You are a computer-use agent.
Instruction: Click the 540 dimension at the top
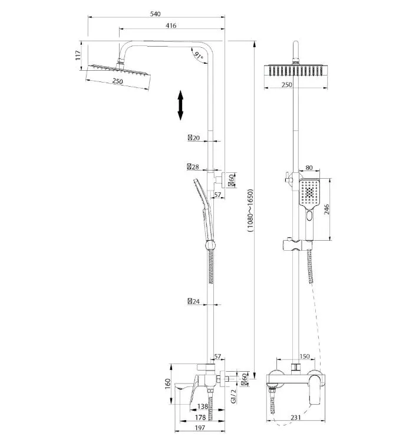pos(155,14)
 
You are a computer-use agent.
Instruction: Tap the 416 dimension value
pos(171,25)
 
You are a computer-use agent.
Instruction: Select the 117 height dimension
pos(78,55)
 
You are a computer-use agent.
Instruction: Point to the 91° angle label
pos(199,55)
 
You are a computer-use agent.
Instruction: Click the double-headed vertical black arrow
pos(180,105)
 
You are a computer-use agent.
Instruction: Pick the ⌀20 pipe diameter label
pos(194,137)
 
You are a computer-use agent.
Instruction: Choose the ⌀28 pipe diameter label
pos(193,167)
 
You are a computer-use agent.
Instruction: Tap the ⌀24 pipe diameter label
pos(194,302)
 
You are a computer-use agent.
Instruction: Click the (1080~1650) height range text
pos(250,211)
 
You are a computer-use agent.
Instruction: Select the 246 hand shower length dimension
pos(326,209)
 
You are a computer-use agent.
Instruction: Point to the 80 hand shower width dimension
pos(309,168)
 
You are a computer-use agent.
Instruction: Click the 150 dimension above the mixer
pos(305,356)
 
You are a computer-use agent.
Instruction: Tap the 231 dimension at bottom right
pos(295,417)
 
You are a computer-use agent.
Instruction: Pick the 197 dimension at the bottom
pos(200,428)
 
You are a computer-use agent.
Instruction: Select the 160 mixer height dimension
pos(167,384)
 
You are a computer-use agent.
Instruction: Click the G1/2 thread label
pos(234,396)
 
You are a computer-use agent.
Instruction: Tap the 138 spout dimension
pos(202,406)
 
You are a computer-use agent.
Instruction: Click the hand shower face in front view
pos(309,192)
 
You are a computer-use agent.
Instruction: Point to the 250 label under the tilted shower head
pos(118,81)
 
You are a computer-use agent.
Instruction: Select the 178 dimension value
pos(200,417)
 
